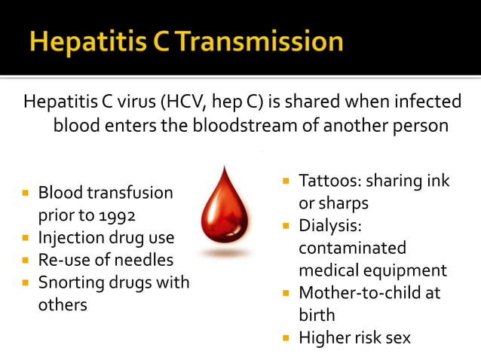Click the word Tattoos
click(325, 182)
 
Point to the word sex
click(397, 337)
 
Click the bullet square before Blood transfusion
click(25, 194)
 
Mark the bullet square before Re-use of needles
click(25, 261)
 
